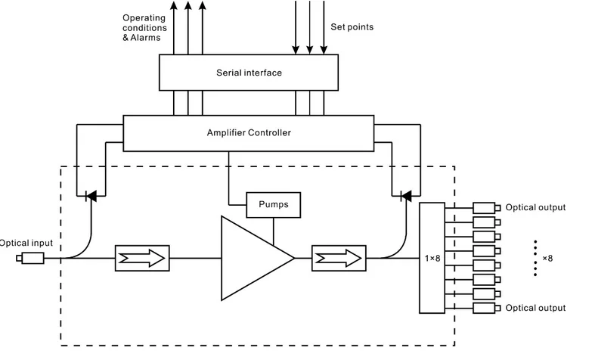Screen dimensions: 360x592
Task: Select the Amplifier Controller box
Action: pyautogui.click(x=248, y=132)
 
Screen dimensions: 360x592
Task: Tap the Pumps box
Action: pyautogui.click(x=273, y=204)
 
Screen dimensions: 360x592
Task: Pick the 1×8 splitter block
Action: pyautogui.click(x=431, y=257)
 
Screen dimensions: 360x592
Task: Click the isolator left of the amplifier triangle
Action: pyautogui.click(x=142, y=257)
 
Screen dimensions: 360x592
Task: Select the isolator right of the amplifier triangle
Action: pyautogui.click(x=337, y=257)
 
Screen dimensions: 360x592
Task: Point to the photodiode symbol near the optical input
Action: pyautogui.click(x=91, y=196)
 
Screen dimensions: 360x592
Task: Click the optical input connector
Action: pyautogui.click(x=31, y=259)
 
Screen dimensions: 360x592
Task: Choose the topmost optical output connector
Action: pyautogui.click(x=485, y=207)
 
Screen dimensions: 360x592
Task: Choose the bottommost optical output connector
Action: pyautogui.click(x=485, y=308)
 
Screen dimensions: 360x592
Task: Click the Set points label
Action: pyautogui.click(x=352, y=27)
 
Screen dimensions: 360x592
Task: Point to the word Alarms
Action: pyautogui.click(x=147, y=38)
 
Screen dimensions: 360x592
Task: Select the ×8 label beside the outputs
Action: pyautogui.click(x=547, y=259)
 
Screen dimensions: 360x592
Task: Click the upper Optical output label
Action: pyautogui.click(x=535, y=207)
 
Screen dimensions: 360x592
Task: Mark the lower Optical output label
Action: pyautogui.click(x=535, y=308)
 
